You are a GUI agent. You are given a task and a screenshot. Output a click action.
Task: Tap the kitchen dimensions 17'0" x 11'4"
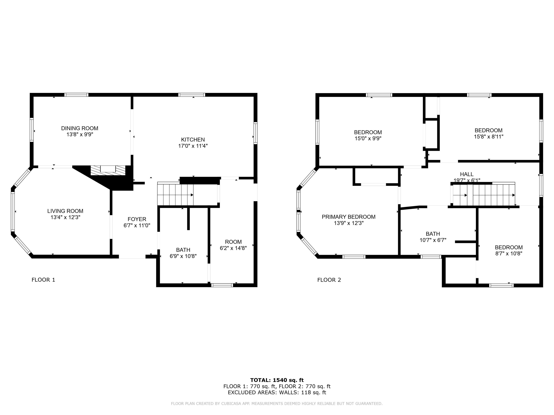click(193, 146)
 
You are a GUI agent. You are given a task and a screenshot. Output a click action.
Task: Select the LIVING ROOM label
click(65, 211)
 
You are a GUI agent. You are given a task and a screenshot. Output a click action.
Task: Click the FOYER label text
click(137, 219)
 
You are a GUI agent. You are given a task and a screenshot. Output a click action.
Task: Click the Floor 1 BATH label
click(183, 250)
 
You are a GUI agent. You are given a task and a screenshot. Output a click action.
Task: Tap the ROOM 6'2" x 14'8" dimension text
click(233, 248)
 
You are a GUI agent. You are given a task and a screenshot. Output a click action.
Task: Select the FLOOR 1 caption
click(43, 280)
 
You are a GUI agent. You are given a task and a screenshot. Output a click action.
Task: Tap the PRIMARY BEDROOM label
click(348, 217)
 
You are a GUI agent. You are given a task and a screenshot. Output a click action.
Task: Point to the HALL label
click(467, 174)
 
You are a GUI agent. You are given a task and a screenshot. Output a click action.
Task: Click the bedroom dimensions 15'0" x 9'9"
click(368, 138)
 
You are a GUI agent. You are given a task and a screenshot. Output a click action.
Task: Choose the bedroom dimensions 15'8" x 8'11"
click(488, 137)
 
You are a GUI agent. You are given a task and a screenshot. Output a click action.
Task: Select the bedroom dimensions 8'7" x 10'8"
click(509, 253)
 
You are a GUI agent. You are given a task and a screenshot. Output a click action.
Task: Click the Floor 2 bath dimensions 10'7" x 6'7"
click(433, 240)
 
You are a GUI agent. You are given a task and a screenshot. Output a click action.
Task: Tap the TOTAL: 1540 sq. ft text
click(277, 380)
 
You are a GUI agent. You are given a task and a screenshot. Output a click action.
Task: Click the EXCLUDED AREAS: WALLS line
click(277, 392)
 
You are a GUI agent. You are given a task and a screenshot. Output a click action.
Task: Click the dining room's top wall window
click(76, 95)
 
